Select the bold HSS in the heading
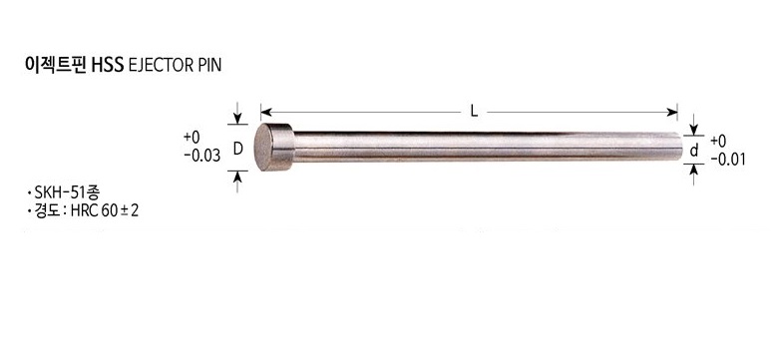(108, 66)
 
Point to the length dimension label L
(474, 112)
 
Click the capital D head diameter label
(237, 149)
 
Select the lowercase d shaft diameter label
(694, 151)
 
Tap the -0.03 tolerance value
(201, 156)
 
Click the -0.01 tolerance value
(728, 160)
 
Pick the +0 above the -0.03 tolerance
(192, 137)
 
